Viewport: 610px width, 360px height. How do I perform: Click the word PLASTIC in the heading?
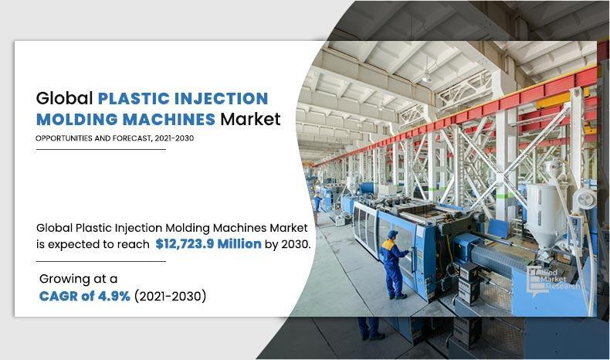pyautogui.click(x=134, y=98)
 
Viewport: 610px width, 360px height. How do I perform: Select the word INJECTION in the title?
pyautogui.click(x=221, y=98)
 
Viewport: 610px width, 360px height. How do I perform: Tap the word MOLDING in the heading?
pyautogui.click(x=76, y=119)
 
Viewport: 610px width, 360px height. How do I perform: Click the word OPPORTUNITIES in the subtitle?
pyautogui.click(x=64, y=138)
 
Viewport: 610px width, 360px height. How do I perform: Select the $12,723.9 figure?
pyautogui.click(x=185, y=244)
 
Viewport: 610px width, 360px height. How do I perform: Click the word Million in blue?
pyautogui.click(x=239, y=243)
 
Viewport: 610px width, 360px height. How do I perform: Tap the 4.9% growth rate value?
pyautogui.click(x=114, y=296)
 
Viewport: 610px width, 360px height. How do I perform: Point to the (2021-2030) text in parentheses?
pyautogui.click(x=170, y=296)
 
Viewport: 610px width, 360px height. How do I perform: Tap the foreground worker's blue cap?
pyautogui.click(x=392, y=234)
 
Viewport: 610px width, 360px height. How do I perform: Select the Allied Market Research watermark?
pyautogui.click(x=553, y=280)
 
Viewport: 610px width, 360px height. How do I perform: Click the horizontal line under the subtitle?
pyautogui.click(x=100, y=149)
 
